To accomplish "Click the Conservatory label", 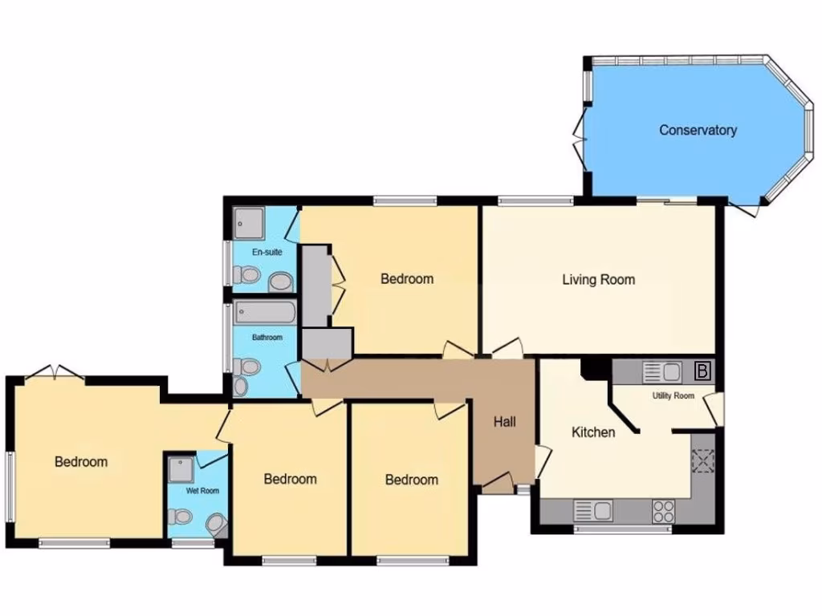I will (698, 130).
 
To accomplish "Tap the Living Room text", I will (598, 279).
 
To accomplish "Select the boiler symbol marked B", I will (702, 371).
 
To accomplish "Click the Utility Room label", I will (673, 395).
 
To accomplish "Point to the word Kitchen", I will (593, 432).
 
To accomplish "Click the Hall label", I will (504, 422).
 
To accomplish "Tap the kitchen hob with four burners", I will (663, 511).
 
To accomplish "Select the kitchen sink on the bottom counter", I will (592, 510).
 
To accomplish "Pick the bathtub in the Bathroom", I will (264, 314).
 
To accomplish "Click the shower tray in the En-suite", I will (249, 223).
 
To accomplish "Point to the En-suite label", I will (267, 253).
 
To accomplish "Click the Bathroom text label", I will (267, 338).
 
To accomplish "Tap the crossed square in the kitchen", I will (703, 462).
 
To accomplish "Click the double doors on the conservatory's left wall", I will (579, 132).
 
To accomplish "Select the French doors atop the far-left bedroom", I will (54, 371).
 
